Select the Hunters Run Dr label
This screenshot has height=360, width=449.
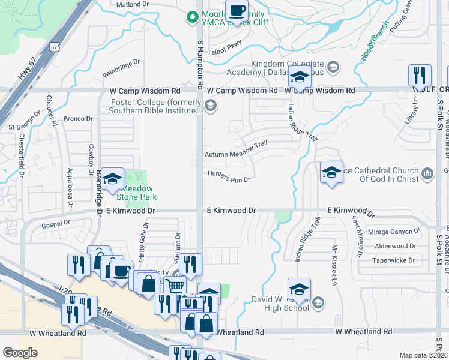click(x=228, y=178)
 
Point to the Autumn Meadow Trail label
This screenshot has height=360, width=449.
click(x=235, y=154)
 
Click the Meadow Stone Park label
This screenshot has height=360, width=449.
click(x=134, y=192)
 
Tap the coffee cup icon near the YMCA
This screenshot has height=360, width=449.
click(x=236, y=11)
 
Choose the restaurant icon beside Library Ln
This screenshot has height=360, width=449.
click(x=419, y=76)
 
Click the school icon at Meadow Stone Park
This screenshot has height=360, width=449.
click(x=112, y=179)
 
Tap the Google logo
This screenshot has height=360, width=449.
click(x=20, y=353)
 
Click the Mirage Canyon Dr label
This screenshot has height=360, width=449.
click(x=394, y=232)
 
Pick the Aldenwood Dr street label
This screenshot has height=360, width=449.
click(x=394, y=246)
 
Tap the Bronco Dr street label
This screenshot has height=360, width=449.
click(x=78, y=119)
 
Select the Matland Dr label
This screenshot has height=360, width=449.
click(x=131, y=5)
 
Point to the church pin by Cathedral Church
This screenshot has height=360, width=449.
click(x=427, y=173)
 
